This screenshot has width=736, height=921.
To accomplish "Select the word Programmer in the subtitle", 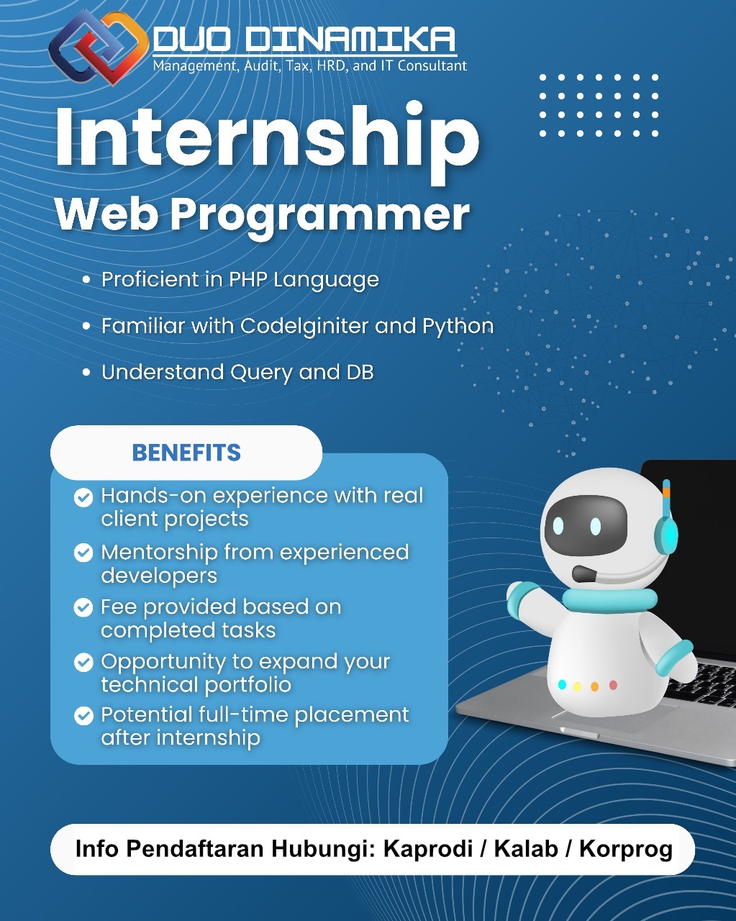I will [319, 214].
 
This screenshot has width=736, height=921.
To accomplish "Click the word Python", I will [458, 326].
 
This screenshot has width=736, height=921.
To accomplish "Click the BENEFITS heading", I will [186, 453].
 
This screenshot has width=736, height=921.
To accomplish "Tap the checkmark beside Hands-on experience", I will [84, 496].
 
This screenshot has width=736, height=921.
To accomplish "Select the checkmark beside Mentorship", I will [84, 553].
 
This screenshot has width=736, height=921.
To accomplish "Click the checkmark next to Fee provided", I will [84, 607].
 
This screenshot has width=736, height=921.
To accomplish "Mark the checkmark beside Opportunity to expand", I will [84, 662].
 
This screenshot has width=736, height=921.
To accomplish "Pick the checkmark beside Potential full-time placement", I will [84, 715].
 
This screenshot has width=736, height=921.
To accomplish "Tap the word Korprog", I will [625, 849].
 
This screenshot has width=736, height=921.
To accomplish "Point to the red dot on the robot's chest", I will [613, 685].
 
